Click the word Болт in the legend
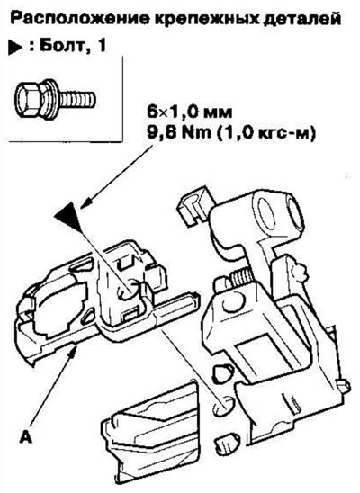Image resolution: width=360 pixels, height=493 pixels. [x=59, y=46]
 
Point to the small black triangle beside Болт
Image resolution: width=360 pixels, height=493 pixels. [x=15, y=48]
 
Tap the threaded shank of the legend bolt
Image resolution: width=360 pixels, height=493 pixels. [x=76, y=98]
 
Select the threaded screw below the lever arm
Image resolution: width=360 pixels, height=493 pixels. [x=241, y=278]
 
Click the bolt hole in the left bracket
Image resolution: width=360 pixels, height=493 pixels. [x=129, y=291]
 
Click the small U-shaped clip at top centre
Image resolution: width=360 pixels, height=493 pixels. [x=193, y=205]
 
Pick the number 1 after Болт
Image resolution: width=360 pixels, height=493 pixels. [x=100, y=46]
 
